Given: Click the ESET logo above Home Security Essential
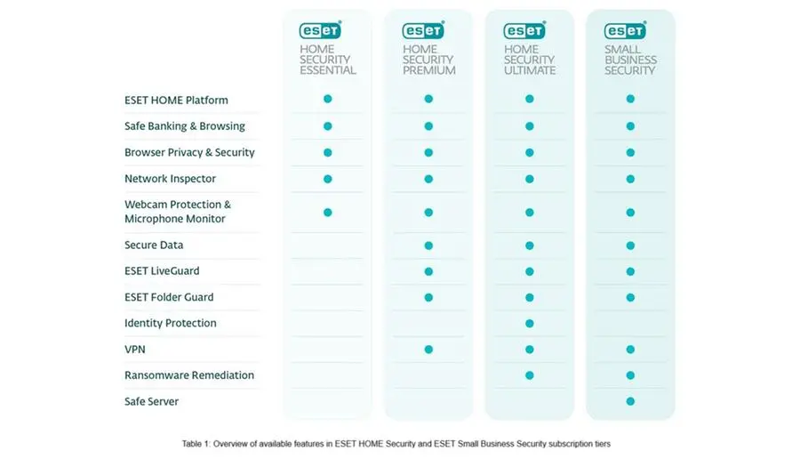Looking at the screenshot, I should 320,30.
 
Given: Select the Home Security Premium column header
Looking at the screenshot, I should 428,59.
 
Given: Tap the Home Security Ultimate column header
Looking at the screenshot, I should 530,59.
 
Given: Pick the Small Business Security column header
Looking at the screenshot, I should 630,59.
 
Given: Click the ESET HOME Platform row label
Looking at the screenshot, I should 176,101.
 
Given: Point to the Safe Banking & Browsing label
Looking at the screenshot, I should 184,126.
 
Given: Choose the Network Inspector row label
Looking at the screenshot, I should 170,179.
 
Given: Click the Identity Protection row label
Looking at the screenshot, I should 170,323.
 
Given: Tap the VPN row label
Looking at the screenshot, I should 135,350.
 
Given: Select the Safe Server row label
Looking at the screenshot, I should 151,402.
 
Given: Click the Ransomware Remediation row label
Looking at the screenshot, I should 189,375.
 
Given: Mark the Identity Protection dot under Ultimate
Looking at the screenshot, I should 530,323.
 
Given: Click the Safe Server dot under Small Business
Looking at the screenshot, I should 630,401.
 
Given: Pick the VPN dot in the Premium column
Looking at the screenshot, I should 428,350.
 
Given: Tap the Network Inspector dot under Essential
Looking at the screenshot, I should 328,179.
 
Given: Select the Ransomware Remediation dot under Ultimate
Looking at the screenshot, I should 530,375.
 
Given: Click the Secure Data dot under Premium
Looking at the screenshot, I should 428,245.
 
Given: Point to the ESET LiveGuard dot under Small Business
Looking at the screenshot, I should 630,271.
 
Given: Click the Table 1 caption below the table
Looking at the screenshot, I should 396,443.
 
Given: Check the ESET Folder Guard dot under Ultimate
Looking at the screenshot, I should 530,297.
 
